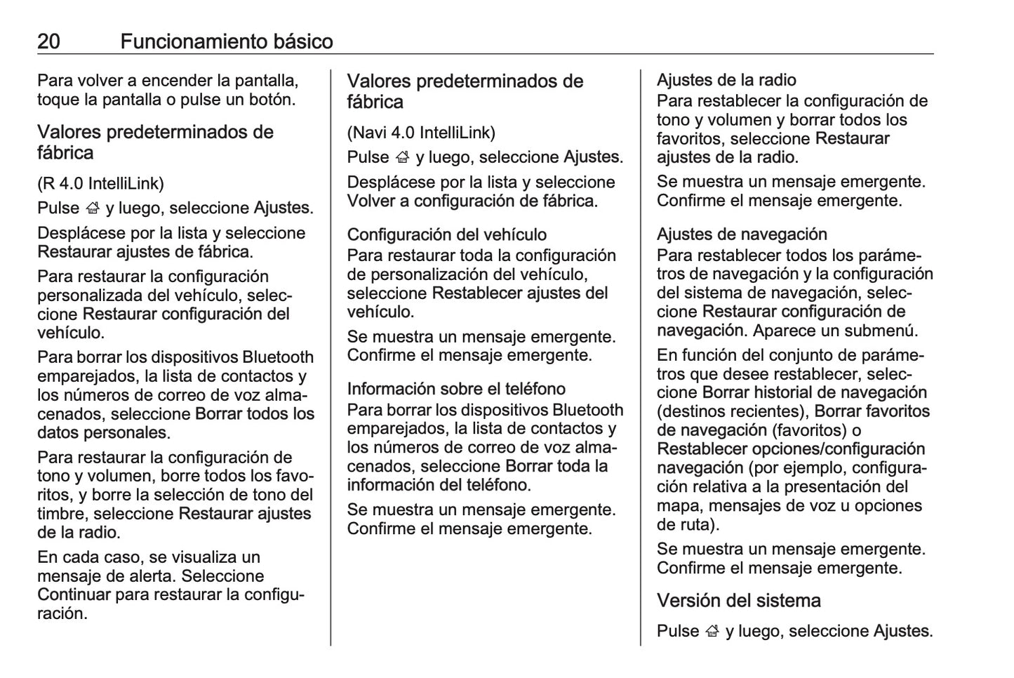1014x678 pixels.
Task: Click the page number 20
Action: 48,42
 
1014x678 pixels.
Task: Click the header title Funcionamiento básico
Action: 226,42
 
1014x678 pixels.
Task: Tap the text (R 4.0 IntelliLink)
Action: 100,184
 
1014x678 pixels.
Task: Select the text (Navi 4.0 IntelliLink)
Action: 421,133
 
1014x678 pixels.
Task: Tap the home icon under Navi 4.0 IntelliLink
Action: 403,157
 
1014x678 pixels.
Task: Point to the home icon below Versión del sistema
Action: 713,632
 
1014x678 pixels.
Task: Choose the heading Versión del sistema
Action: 738,601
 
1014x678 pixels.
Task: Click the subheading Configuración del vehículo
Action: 447,234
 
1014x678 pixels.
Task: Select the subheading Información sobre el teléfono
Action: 456,389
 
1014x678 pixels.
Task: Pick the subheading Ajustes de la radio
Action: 726,80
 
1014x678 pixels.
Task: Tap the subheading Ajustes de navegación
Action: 742,234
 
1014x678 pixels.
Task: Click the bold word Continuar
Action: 74,595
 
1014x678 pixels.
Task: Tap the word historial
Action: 788,393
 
